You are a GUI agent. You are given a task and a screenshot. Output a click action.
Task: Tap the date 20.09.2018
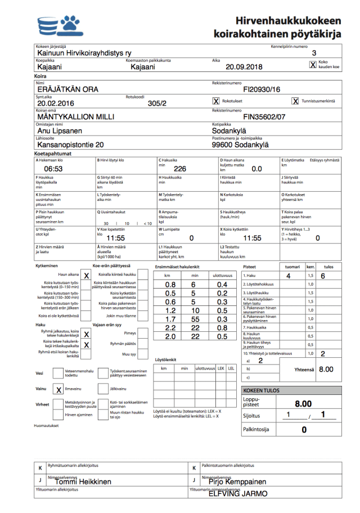(244, 67)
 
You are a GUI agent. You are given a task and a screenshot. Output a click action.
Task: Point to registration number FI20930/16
(261, 89)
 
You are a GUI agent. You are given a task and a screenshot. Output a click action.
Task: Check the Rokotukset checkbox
(216, 101)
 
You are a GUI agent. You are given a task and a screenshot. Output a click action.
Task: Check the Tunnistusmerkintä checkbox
(295, 101)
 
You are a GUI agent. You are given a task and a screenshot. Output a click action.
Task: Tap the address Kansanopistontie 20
(70, 145)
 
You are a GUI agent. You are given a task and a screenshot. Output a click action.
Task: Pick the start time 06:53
(53, 169)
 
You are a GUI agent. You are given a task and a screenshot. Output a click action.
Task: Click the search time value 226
(180, 169)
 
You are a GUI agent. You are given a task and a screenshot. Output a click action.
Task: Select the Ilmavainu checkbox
(58, 389)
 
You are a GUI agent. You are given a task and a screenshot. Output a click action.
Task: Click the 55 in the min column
(193, 319)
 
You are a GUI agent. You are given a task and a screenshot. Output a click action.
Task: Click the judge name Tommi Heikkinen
(83, 481)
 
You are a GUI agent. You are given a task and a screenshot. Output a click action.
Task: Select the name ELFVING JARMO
(238, 493)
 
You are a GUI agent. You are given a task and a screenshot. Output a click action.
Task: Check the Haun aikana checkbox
(86, 276)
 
